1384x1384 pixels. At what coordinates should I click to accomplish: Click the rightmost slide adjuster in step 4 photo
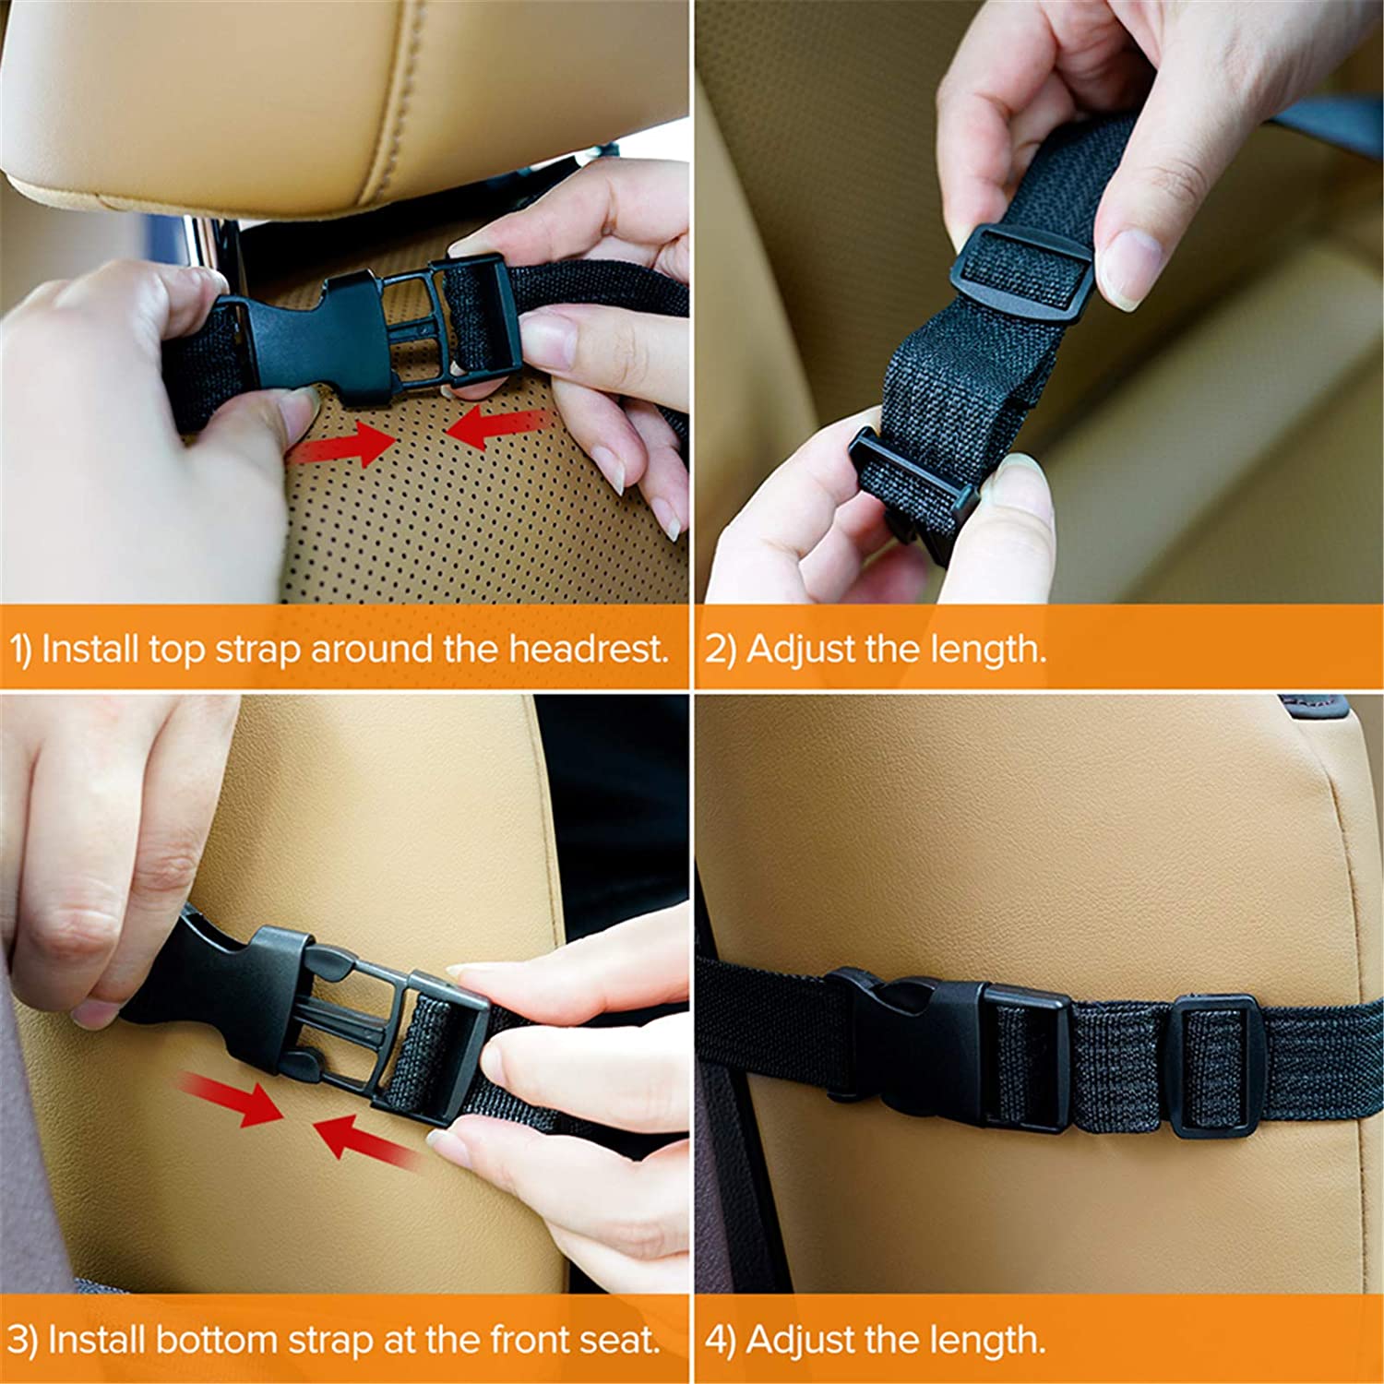[x=1213, y=1068]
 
